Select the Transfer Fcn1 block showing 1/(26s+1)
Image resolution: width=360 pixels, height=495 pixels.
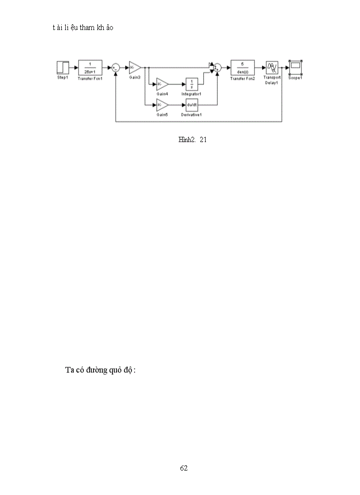[90, 67]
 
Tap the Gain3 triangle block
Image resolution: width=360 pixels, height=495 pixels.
[135, 67]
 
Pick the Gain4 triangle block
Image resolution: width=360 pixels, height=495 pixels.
[162, 84]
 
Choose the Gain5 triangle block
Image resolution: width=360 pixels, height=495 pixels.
[162, 105]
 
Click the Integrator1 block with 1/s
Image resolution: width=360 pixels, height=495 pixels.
[191, 84]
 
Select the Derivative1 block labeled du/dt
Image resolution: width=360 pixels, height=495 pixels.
[191, 105]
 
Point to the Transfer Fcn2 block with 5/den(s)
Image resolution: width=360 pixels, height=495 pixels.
[243, 67]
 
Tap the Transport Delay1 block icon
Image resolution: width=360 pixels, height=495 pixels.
[272, 67]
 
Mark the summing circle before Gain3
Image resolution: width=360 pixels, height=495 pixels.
[115, 67]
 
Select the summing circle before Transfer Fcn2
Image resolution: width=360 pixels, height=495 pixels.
[217, 67]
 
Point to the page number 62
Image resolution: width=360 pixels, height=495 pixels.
[184, 468]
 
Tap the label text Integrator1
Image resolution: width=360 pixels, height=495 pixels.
[191, 94]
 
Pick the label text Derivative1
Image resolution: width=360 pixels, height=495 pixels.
[191, 115]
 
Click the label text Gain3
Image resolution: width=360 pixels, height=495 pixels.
[135, 77]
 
